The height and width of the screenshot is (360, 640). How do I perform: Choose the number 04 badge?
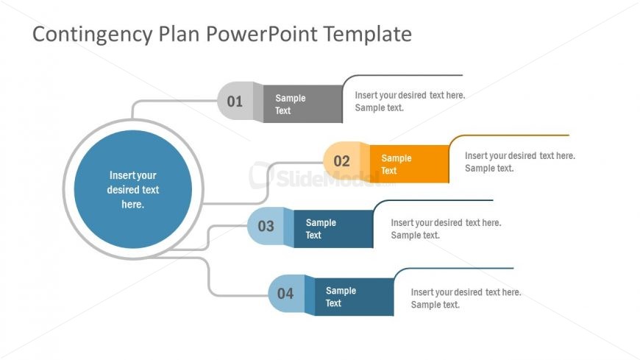[285, 294]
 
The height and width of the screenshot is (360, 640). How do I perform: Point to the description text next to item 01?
[410, 102]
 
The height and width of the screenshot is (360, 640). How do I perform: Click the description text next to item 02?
[519, 162]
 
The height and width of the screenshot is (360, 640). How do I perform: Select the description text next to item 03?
[445, 229]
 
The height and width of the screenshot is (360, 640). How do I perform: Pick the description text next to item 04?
[466, 298]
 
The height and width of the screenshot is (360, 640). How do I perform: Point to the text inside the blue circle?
[133, 190]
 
